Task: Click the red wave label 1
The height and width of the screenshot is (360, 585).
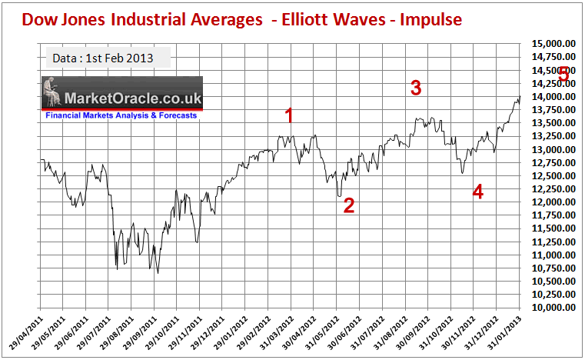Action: point(290,116)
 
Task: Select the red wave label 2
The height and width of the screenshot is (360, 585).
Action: point(348,205)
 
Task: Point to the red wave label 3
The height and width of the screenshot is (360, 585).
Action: point(416,88)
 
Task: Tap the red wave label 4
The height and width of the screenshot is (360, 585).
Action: point(477,192)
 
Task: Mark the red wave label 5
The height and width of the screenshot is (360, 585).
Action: point(563,75)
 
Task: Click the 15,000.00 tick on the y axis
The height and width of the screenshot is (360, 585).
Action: point(553,44)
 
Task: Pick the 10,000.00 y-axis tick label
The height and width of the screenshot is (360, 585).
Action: point(553,307)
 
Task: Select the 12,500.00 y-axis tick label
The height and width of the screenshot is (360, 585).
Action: point(553,175)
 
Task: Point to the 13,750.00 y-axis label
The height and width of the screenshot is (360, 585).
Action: point(553,110)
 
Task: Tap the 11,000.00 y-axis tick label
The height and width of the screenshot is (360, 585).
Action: point(553,255)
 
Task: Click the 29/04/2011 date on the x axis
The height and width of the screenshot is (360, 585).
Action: point(28,331)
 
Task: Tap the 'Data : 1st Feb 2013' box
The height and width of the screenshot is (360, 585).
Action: point(101,58)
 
